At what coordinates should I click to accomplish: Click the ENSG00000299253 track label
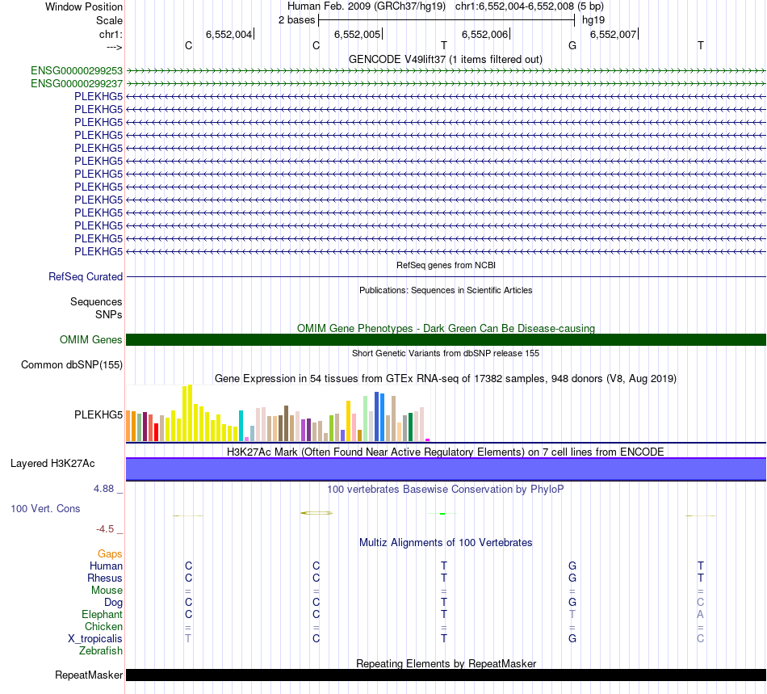(77, 71)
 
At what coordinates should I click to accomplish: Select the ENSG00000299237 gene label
(77, 83)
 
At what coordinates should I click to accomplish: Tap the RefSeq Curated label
(86, 276)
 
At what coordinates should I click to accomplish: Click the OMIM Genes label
(91, 339)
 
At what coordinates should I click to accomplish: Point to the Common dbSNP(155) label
(72, 365)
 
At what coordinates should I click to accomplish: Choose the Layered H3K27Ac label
(52, 464)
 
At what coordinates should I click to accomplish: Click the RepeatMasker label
(89, 675)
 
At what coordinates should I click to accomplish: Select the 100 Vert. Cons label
(45, 509)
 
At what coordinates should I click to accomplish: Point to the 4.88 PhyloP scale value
(105, 489)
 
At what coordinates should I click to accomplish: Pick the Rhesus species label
(105, 578)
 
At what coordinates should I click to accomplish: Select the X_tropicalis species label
(95, 639)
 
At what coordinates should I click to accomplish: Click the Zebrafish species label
(101, 651)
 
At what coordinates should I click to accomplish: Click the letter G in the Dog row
(572, 603)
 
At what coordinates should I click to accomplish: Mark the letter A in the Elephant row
(701, 615)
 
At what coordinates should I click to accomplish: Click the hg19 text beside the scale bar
(593, 19)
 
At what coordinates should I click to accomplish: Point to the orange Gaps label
(110, 554)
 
